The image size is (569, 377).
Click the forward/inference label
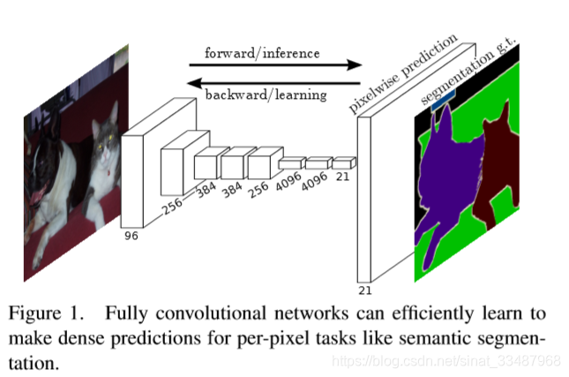[262, 52]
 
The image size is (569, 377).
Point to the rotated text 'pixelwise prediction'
[402, 76]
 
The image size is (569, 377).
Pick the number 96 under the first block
[132, 236]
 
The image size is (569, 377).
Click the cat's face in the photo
[105, 140]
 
